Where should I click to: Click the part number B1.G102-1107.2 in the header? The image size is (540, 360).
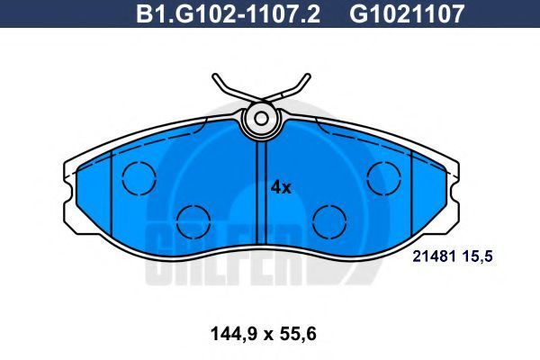(228, 13)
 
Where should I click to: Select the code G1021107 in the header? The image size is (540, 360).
(408, 13)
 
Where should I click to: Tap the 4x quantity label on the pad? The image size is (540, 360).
(281, 187)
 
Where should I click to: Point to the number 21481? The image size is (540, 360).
(435, 256)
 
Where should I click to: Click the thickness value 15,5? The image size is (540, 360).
(478, 256)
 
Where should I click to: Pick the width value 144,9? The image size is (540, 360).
(233, 334)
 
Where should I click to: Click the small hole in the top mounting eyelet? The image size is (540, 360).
(261, 119)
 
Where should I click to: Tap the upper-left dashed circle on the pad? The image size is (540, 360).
(139, 178)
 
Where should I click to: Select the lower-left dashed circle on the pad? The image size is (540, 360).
(193, 222)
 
